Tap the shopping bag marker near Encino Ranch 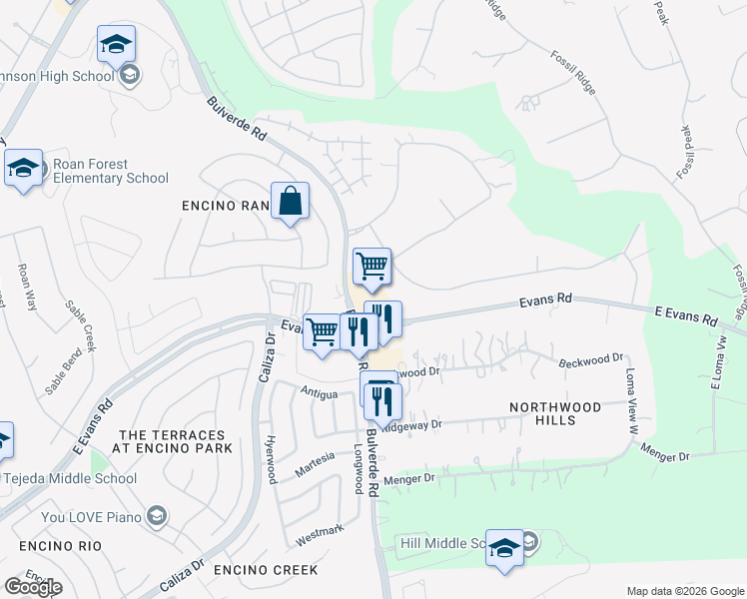(x=290, y=201)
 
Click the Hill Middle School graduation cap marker (x=504, y=548)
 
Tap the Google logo (x=33, y=587)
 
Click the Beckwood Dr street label (x=590, y=357)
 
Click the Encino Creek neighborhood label (x=266, y=570)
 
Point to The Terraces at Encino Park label (x=176, y=441)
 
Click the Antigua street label (x=320, y=391)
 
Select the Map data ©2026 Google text (x=685, y=591)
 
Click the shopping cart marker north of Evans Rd (x=372, y=266)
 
